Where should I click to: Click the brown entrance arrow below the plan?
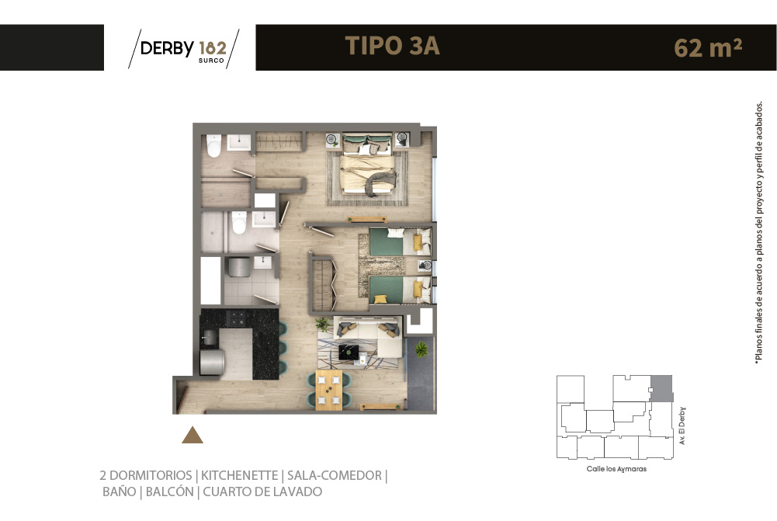pos(193,436)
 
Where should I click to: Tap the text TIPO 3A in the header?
pos(393,46)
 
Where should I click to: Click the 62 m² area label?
pos(708,48)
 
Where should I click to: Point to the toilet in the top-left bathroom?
pos(214,146)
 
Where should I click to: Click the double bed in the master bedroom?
pos(367,164)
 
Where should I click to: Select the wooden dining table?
pos(328,390)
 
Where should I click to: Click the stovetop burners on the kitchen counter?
pos(236,318)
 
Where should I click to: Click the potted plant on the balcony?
pos(421,349)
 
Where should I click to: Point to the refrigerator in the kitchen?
pos(212,363)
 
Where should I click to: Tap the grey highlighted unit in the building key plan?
pos(661,389)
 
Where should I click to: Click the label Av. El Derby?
pos(682,425)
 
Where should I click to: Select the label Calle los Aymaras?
pos(616,468)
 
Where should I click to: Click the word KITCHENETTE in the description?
pos(239,475)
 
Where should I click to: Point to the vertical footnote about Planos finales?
pos(758,233)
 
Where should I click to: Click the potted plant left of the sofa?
pos(323,325)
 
